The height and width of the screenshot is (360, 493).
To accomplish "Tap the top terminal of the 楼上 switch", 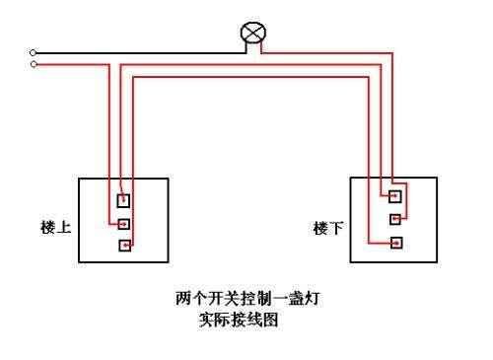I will tap(123, 200).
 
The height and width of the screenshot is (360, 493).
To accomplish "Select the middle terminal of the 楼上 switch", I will tap(123, 223).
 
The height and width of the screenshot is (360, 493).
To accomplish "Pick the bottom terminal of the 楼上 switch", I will tap(123, 246).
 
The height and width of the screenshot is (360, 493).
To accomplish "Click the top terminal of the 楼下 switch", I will tap(395, 194).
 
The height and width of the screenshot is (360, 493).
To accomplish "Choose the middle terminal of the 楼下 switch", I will tap(395, 218).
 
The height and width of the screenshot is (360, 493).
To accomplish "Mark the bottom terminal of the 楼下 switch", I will tap(395, 242).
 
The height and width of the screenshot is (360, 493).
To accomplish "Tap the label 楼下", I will tap(328, 228).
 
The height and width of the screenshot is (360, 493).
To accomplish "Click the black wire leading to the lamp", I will tap(138, 52).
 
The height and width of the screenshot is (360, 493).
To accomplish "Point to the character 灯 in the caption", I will tap(289, 296).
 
